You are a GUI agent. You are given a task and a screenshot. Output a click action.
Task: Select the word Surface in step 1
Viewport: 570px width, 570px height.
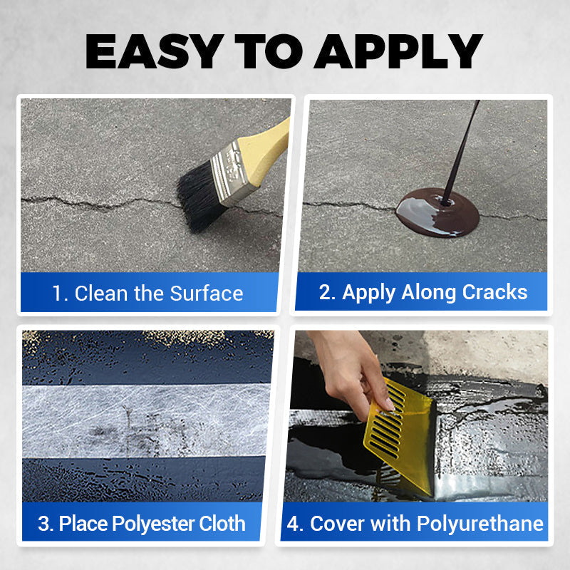click(x=207, y=293)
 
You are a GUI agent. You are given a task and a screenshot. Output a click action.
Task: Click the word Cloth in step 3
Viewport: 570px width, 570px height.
click(x=220, y=524)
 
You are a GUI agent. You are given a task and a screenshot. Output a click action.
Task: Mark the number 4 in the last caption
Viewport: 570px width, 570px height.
click(x=294, y=524)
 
